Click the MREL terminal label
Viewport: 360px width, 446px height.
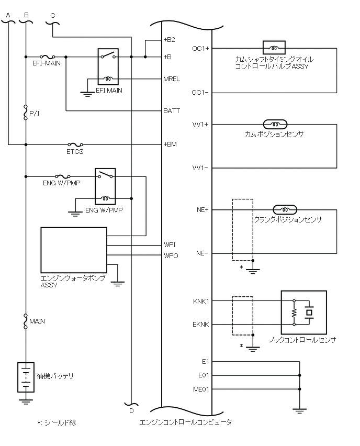coord(172,79)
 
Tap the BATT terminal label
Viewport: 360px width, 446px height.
coord(172,110)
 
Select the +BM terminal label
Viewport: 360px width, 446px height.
coord(170,144)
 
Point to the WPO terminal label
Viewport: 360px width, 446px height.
coord(171,255)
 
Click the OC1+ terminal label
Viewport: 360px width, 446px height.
coord(200,49)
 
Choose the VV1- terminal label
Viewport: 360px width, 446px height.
coord(200,168)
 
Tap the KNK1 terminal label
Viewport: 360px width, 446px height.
coord(201,301)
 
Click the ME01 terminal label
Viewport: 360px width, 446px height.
coord(201,389)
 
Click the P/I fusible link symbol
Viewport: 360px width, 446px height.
coord(26,112)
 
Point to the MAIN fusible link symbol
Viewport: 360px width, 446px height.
coord(26,321)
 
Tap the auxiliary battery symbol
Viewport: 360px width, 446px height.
coord(26,377)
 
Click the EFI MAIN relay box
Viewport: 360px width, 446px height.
coord(108,66)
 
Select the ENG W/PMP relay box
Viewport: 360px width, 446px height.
coord(105,186)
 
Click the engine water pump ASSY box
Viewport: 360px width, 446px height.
coord(74,250)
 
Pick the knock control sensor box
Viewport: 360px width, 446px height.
coord(303,313)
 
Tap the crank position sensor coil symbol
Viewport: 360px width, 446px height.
coord(285,209)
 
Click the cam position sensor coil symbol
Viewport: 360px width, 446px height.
coord(275,124)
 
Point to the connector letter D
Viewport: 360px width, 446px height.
coord(131,411)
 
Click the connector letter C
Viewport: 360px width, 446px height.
coord(53,16)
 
